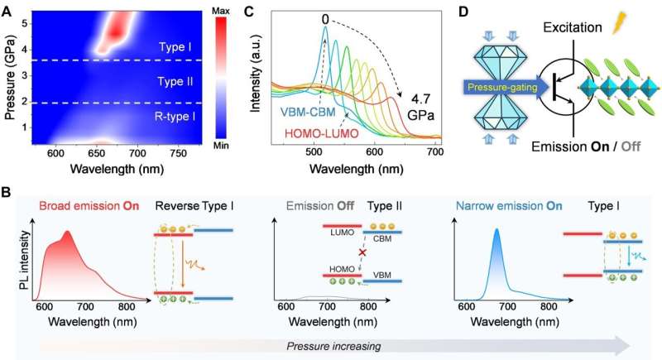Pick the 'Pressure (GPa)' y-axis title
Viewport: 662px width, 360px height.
[12, 74]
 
